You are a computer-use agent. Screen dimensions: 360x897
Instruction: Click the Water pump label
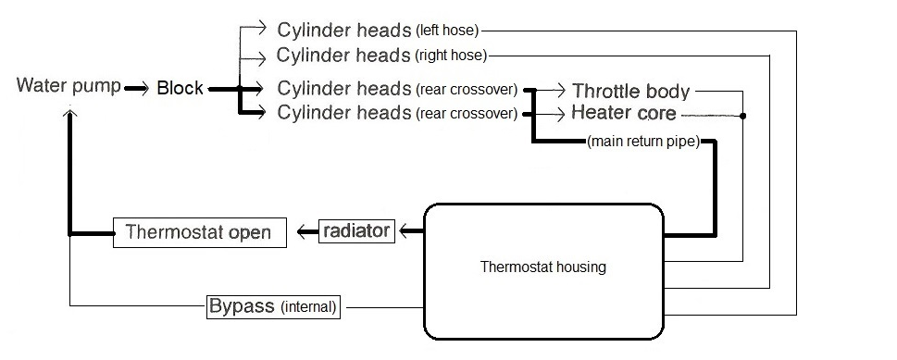click(69, 87)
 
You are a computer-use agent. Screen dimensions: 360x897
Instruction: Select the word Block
click(180, 89)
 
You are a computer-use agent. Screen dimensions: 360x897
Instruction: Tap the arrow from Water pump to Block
click(137, 89)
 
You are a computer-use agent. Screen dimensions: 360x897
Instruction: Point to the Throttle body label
click(630, 91)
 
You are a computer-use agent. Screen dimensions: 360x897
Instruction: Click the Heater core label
click(623, 114)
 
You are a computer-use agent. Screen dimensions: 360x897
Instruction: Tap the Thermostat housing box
click(543, 268)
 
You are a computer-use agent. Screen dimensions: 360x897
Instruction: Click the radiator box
click(356, 231)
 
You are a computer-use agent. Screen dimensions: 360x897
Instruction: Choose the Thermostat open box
click(198, 232)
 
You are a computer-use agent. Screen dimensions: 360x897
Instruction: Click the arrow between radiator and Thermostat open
click(306, 232)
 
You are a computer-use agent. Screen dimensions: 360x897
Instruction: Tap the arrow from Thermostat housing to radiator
click(408, 231)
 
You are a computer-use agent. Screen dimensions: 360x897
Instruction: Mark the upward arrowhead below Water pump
click(69, 112)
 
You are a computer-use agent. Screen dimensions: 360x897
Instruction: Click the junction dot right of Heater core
click(742, 117)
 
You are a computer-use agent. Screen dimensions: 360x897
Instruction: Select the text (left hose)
click(448, 30)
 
